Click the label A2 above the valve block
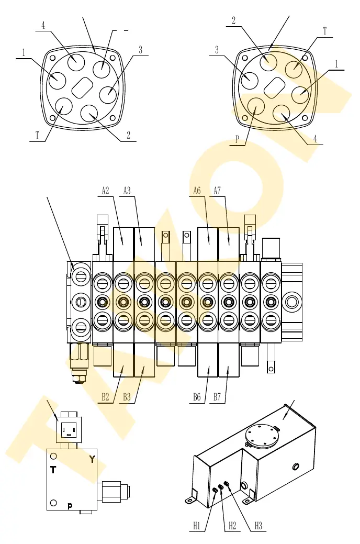(105, 191)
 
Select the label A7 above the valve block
(217, 191)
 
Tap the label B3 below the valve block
(127, 396)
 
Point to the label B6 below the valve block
(197, 396)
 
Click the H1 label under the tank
(197, 526)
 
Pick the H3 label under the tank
(258, 526)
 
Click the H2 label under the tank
(232, 526)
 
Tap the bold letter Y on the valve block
(92, 459)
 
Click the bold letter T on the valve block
(53, 470)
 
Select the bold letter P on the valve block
(70, 506)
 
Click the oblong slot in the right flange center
(275, 86)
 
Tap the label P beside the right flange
(237, 139)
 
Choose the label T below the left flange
(37, 135)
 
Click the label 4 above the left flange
(43, 25)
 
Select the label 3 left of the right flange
(217, 50)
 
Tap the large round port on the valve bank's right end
(291, 302)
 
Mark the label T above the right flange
(325, 31)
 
